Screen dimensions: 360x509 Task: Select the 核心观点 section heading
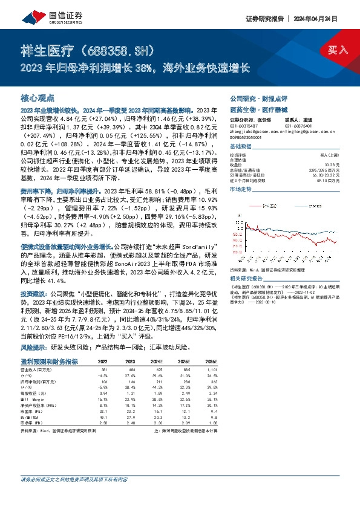coord(38,97)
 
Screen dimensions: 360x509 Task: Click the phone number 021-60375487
coord(245,126)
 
